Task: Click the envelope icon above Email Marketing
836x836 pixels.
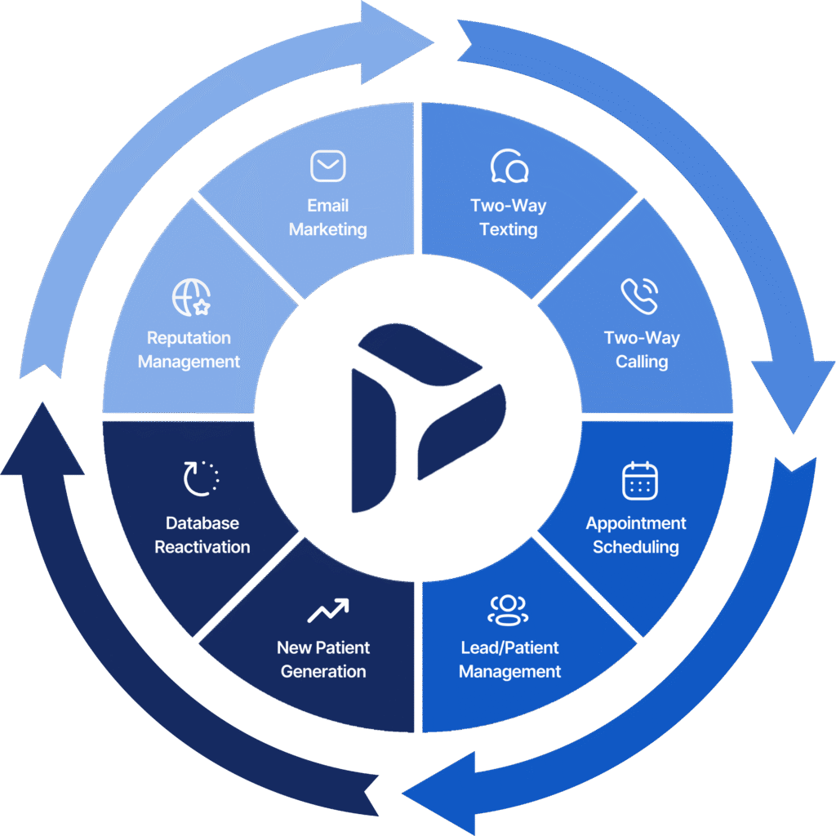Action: [328, 166]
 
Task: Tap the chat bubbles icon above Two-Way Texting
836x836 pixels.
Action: [509, 166]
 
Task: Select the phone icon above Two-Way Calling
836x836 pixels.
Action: [639, 296]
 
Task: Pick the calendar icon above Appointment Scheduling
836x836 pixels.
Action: [640, 481]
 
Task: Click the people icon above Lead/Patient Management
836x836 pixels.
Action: [508, 610]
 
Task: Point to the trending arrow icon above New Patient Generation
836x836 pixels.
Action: [328, 611]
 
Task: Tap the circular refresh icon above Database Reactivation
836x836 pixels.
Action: [201, 478]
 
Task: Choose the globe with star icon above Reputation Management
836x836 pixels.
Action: [191, 297]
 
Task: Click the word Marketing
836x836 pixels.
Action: [328, 229]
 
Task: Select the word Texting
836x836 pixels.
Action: [509, 229]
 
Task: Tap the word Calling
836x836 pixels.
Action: [642, 362]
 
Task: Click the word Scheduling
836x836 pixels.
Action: [636, 546]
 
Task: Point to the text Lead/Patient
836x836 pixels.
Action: [509, 647]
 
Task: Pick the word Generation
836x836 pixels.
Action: [323, 671]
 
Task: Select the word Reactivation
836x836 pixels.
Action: [202, 546]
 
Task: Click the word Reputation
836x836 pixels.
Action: [189, 338]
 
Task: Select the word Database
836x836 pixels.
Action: [202, 523]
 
